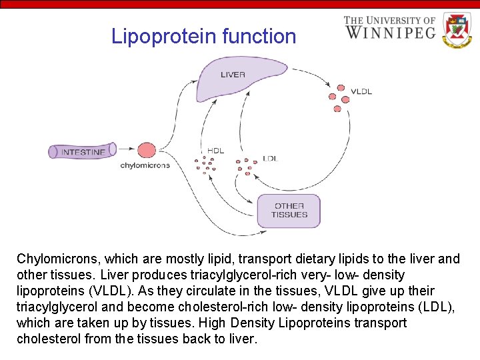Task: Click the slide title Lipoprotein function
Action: (x=203, y=36)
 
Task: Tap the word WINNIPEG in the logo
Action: (x=390, y=33)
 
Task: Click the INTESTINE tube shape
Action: (x=81, y=151)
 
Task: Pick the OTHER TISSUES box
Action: (x=289, y=211)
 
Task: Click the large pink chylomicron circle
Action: (x=147, y=151)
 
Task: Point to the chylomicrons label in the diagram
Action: (x=145, y=165)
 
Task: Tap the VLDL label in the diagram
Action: (x=361, y=91)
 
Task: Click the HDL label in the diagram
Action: (x=215, y=151)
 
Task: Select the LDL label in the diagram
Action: (x=270, y=159)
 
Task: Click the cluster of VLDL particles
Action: (x=339, y=98)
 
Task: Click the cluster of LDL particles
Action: (x=246, y=165)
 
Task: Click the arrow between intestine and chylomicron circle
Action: (x=127, y=151)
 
